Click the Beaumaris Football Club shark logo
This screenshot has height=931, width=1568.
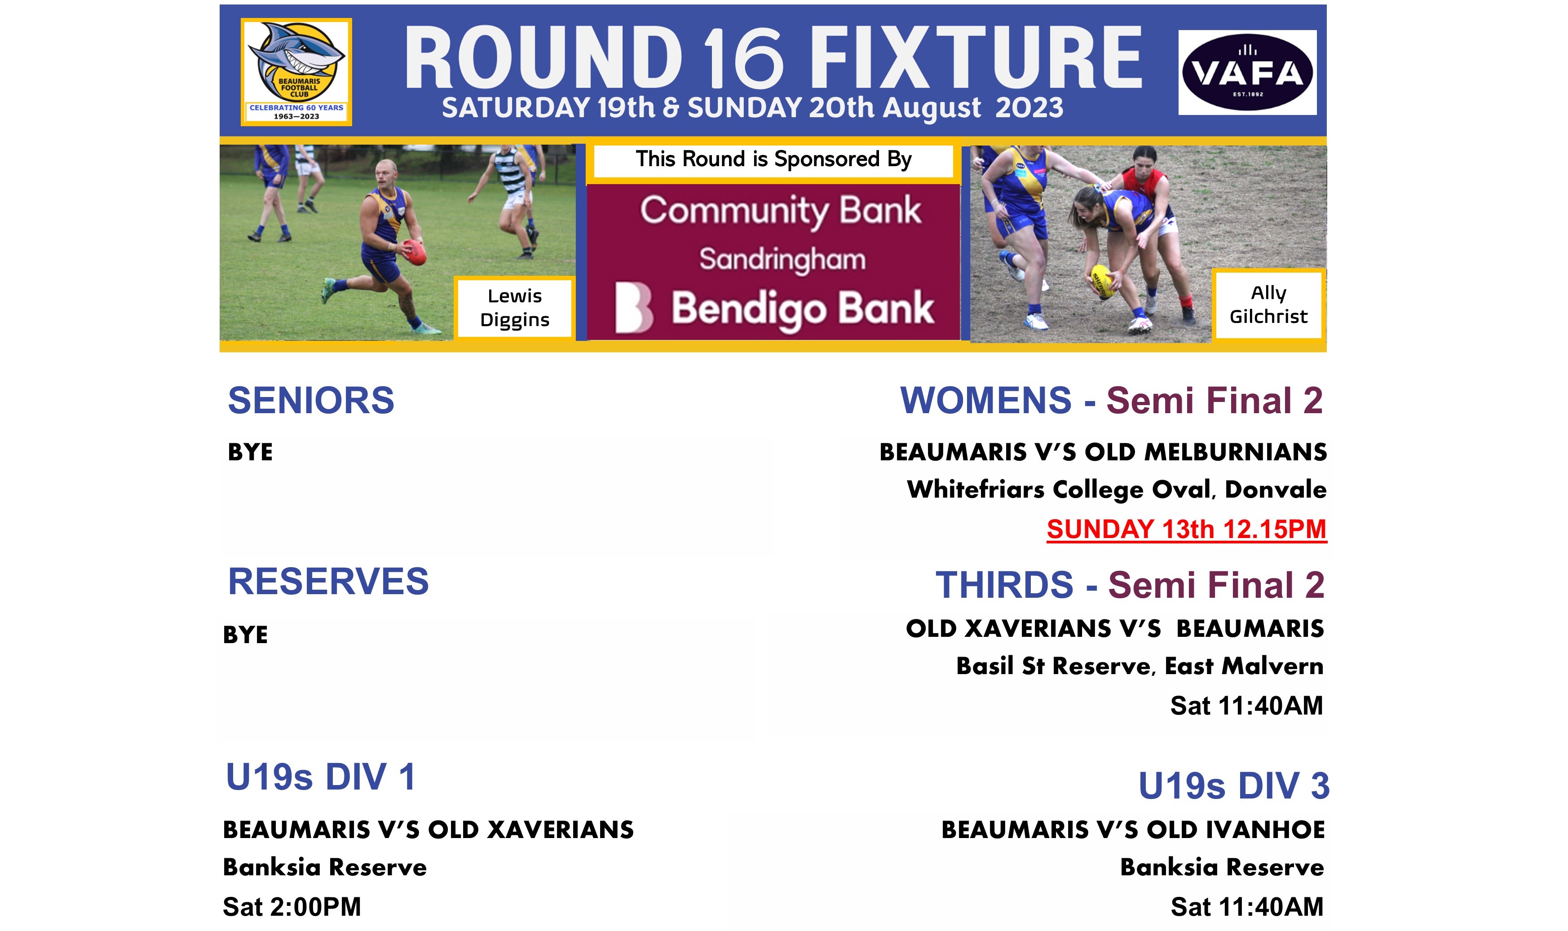coord(296,71)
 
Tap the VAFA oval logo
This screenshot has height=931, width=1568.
coord(1247,72)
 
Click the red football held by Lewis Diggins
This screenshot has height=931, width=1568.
coord(415,252)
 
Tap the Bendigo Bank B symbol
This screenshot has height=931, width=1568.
coord(633,307)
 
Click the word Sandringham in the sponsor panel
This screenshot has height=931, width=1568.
coord(782,259)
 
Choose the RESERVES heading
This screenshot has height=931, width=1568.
coord(328,581)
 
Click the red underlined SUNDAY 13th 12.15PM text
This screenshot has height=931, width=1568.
coord(1187,529)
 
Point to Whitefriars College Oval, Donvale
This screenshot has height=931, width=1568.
coord(1117,490)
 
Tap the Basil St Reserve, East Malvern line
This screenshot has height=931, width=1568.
coord(1140,666)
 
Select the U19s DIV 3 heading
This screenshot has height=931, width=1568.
coord(1233,785)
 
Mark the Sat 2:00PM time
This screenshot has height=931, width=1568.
coord(292,907)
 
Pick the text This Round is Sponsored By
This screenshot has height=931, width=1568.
coord(773,159)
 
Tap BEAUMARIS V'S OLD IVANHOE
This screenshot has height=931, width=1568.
coord(1133,830)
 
